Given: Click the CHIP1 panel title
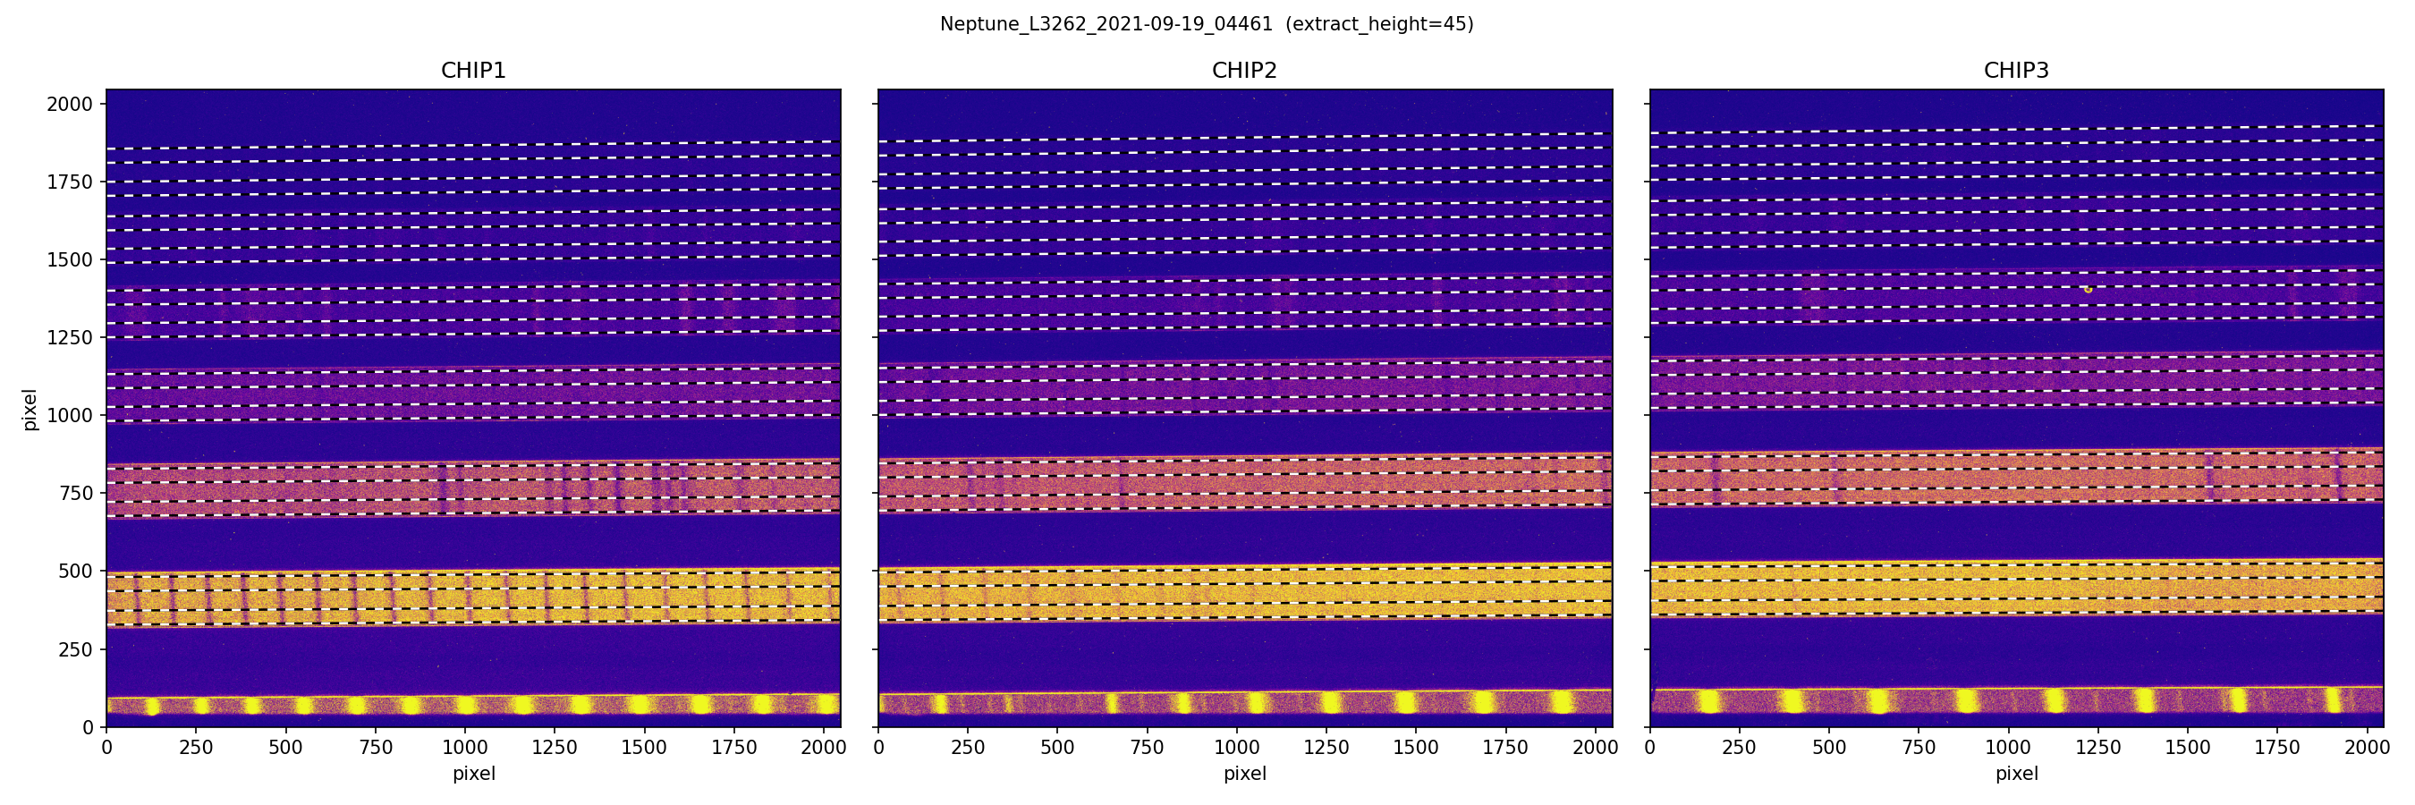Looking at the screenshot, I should point(473,71).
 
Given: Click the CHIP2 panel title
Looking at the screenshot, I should point(1244,71).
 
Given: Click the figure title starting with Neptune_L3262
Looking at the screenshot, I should point(1106,24).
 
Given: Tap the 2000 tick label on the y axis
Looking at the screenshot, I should point(71,104).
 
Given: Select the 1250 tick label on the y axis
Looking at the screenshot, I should point(71,337).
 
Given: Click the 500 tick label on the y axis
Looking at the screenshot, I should point(76,571).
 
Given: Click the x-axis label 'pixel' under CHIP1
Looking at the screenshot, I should point(473,774).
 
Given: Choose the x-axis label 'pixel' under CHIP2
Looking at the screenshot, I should point(1244,774).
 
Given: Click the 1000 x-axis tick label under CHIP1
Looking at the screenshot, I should point(465,748).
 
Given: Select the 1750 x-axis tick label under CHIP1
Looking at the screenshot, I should point(734,748).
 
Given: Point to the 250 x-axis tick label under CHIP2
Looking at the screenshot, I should point(968,748).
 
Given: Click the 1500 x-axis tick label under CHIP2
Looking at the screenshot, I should point(1416,748).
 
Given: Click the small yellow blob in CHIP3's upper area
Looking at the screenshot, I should point(2088,290).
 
